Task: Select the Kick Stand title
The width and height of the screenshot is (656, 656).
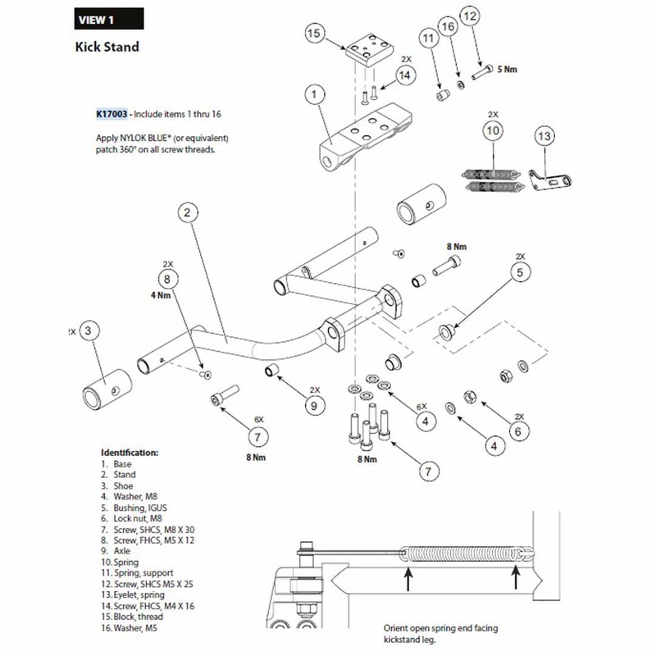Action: tap(107, 47)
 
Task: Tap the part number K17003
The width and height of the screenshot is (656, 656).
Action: tap(112, 115)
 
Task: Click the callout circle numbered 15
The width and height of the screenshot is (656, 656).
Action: tap(312, 34)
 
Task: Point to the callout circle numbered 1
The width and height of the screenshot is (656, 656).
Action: tap(314, 96)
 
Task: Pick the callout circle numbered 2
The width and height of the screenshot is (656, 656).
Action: tap(189, 213)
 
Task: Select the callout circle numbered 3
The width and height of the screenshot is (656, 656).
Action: tap(90, 330)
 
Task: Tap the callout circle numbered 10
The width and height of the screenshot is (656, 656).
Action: tap(493, 130)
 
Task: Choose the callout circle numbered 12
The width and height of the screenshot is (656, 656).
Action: tap(493, 16)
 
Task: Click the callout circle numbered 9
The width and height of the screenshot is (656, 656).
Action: tap(313, 404)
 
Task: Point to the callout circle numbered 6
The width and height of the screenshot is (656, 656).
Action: tap(518, 430)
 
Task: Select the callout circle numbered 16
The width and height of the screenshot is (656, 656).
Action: tap(447, 27)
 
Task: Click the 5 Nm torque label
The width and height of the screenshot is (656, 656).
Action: tap(508, 70)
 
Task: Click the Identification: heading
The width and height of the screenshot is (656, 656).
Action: tap(130, 453)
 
